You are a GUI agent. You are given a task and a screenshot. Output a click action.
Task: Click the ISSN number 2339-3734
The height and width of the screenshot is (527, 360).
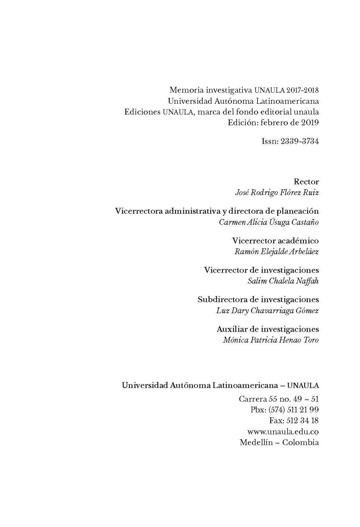(299, 141)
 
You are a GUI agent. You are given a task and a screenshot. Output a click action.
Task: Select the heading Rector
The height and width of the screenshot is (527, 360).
(306, 181)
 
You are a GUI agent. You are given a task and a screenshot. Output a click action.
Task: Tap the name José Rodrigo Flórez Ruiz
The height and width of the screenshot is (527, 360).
(277, 192)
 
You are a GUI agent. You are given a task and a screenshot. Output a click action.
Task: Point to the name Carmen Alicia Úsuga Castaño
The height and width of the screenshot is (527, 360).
(269, 222)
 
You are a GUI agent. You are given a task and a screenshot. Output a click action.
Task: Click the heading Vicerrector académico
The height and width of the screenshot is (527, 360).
(275, 241)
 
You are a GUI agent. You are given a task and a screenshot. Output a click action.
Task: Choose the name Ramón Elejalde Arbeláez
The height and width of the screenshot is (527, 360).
(276, 252)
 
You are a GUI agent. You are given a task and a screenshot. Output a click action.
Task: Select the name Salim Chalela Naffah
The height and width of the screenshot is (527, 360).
(283, 281)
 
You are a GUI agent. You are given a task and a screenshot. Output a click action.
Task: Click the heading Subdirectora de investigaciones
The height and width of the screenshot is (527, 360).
(258, 300)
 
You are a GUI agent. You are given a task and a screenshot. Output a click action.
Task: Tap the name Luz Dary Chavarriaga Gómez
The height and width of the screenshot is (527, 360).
(267, 310)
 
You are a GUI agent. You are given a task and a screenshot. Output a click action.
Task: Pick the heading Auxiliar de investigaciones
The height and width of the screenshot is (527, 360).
(268, 329)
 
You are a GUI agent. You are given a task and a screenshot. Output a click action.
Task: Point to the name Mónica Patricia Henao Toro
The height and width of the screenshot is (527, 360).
(271, 340)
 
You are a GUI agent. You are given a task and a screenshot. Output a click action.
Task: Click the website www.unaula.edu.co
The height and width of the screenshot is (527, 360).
(283, 431)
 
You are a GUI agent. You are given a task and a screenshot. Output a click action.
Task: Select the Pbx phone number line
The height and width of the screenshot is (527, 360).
(284, 410)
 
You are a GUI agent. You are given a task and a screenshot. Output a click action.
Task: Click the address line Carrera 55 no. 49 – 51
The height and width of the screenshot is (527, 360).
(279, 399)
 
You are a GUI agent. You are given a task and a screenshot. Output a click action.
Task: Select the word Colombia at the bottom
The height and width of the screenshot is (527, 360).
(300, 442)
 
